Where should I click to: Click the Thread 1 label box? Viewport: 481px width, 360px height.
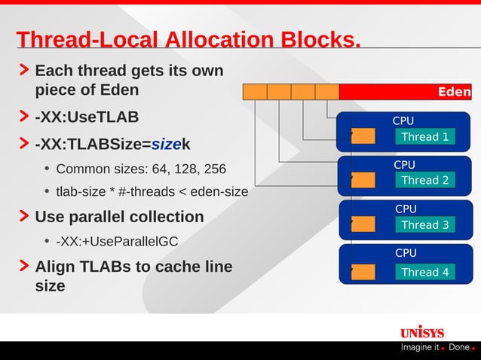coord(424,136)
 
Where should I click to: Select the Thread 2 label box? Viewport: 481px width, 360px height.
coord(424,180)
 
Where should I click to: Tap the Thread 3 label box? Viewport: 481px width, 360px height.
coord(424,224)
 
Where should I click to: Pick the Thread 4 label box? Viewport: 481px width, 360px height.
coord(424,272)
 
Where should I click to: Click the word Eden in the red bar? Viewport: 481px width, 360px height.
coord(454,92)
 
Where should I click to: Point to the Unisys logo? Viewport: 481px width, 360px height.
coord(421,332)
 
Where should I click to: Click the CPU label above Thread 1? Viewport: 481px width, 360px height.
coord(403,121)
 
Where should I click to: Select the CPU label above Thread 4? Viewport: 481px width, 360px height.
coord(406,253)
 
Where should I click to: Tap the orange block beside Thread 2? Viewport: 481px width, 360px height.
coord(363,179)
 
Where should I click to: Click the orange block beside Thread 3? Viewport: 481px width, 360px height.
coord(363,224)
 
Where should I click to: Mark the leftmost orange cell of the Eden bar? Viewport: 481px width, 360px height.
coord(255,92)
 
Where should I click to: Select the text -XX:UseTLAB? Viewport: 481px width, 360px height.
coord(87,118)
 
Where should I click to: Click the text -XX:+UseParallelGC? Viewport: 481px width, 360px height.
coord(117,241)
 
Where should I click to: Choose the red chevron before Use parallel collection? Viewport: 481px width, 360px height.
coord(25,217)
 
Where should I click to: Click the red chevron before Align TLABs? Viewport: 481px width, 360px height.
coord(25,267)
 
